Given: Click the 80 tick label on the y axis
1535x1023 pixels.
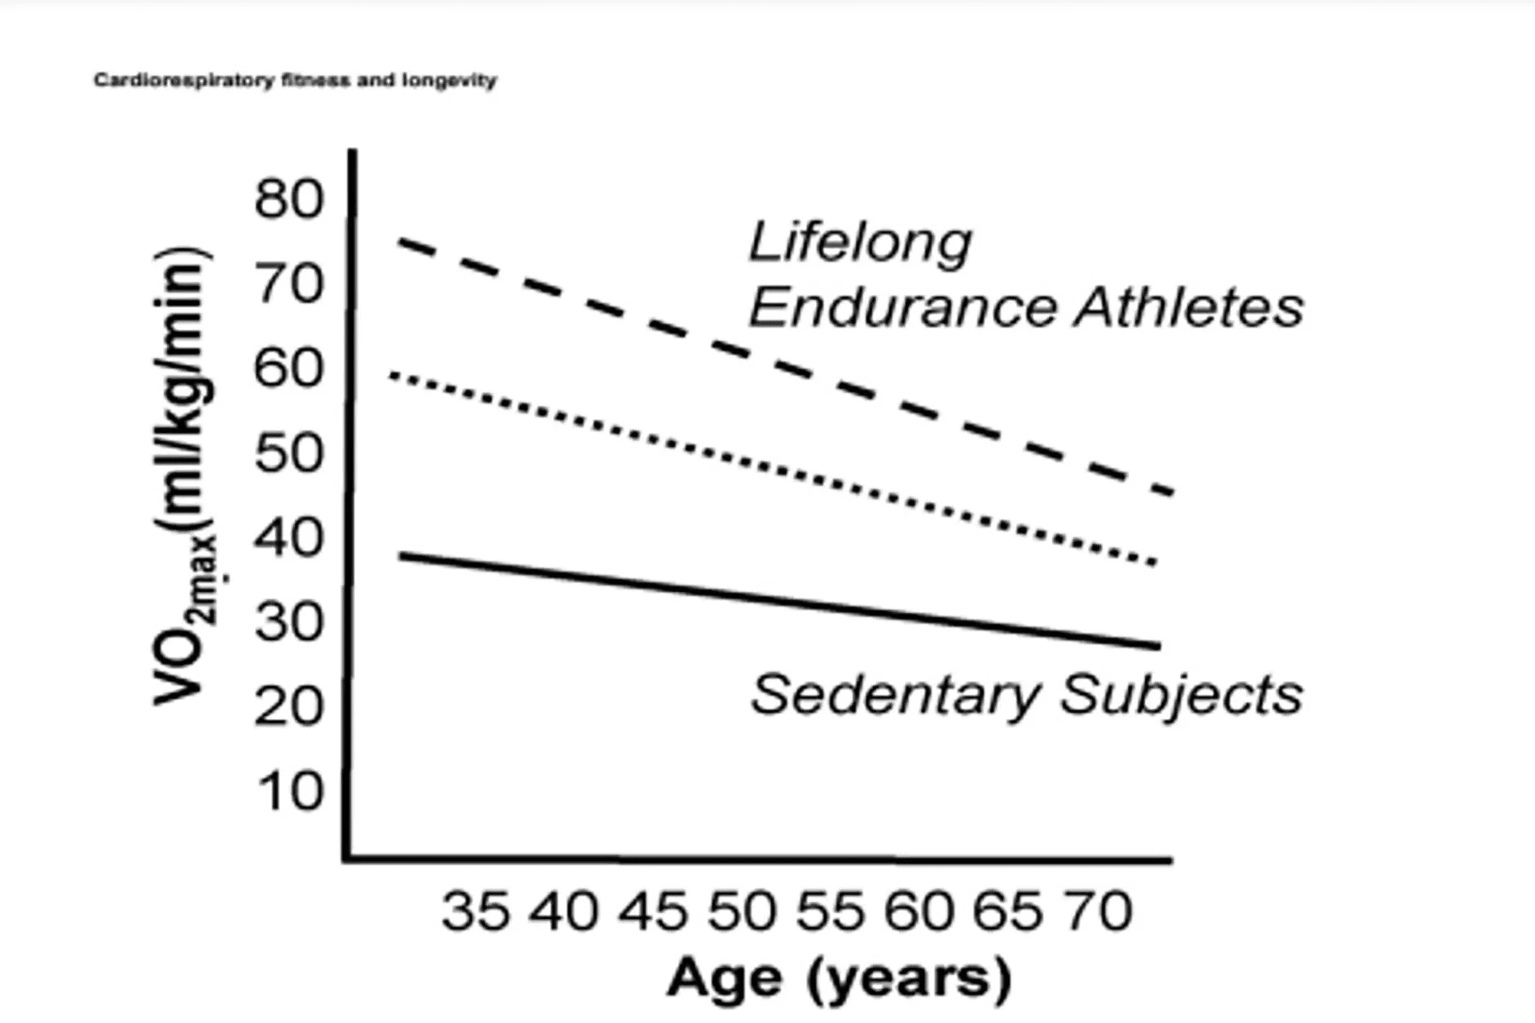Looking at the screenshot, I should [x=289, y=199].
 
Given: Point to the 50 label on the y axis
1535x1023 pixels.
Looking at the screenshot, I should [x=289, y=453].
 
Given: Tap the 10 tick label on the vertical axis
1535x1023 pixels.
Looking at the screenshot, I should [x=289, y=792].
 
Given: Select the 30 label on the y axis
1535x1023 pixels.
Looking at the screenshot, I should [x=289, y=622].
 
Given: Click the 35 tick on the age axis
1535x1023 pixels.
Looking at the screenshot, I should [x=475, y=911].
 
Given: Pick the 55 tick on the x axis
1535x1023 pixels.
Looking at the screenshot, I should [x=831, y=911].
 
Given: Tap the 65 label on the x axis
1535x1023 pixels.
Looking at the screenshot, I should [x=1008, y=911].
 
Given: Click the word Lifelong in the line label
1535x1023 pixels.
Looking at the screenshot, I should [x=860, y=241].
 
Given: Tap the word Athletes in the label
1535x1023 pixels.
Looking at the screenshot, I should [x=1189, y=308].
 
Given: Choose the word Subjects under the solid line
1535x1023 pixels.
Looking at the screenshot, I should [x=1181, y=695].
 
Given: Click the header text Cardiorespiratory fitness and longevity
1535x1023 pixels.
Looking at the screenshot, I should [x=295, y=80].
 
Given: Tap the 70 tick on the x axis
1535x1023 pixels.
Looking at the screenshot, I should [x=1098, y=911].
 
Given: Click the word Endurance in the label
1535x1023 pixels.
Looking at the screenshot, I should [x=903, y=308].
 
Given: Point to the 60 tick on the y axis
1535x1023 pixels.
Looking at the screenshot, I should [x=289, y=368].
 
